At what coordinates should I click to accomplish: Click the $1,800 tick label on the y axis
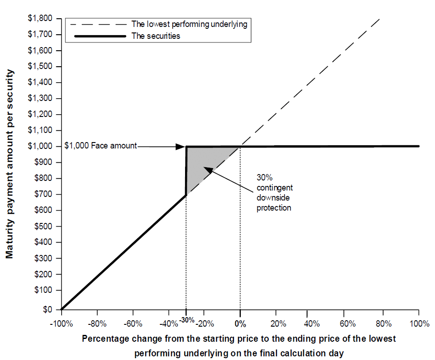tap(39, 19)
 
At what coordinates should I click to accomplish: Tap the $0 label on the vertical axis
tap(48, 309)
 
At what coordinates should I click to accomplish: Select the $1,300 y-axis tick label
tap(39, 99)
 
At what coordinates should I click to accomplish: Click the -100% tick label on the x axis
tap(61, 324)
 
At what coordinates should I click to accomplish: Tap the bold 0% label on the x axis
tap(240, 324)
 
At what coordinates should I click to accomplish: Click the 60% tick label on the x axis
tap(348, 324)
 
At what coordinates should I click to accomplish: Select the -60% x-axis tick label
tap(133, 324)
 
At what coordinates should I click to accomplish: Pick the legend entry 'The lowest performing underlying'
tap(189, 24)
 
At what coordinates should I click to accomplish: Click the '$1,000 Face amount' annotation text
tap(100, 146)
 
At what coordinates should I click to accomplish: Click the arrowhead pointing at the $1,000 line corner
tap(181, 147)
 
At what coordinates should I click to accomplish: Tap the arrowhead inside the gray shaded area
tap(207, 170)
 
